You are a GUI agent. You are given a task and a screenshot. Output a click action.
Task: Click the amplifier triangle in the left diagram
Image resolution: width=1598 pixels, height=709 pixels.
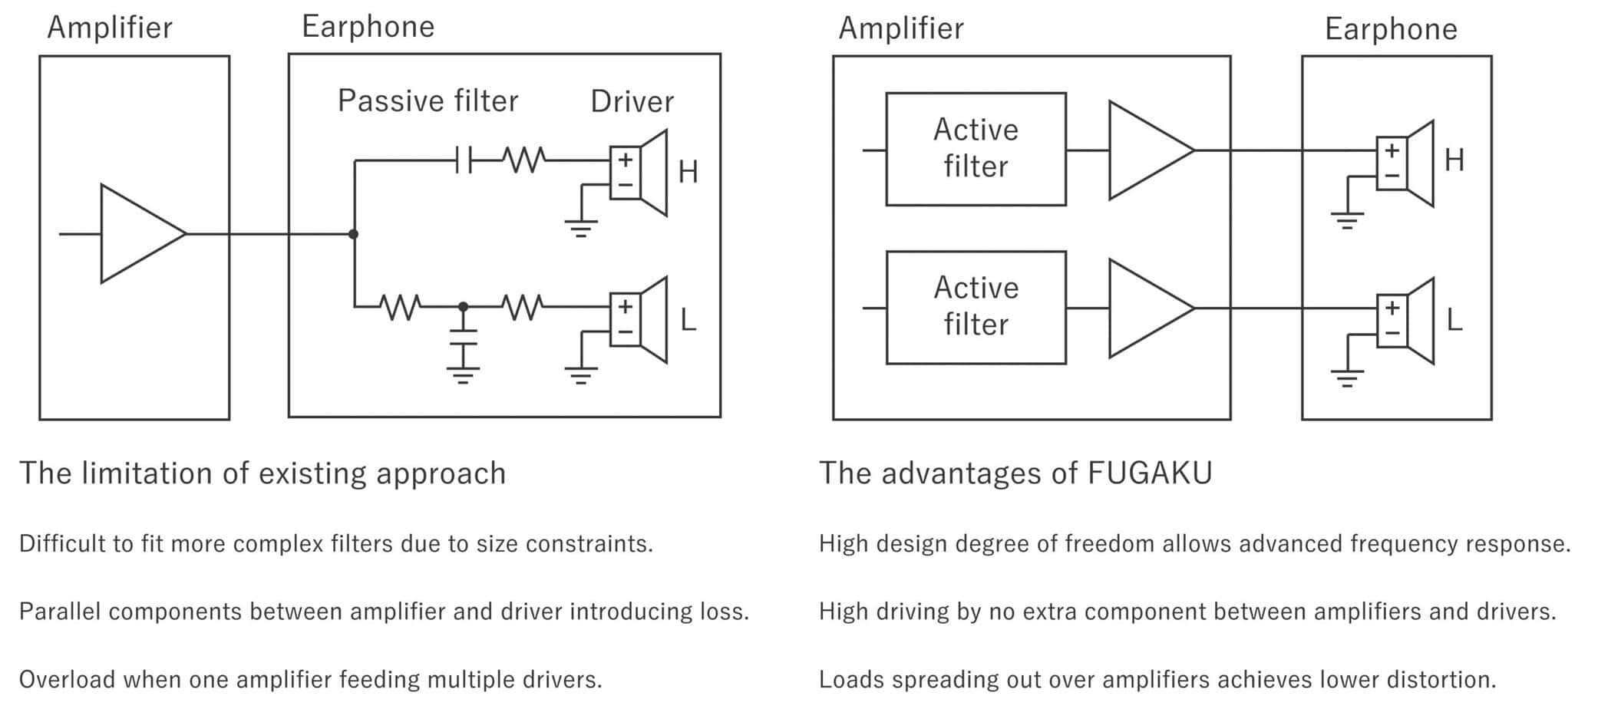(138, 233)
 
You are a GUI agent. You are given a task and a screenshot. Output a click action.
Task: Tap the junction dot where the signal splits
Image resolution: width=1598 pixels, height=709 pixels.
(353, 234)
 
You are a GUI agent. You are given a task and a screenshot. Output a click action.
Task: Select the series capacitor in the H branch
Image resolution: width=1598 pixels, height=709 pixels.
(463, 160)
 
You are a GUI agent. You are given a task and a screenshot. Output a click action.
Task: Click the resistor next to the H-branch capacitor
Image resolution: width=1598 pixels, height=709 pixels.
(523, 160)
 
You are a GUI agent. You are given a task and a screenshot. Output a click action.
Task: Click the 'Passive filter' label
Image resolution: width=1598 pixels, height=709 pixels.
(428, 101)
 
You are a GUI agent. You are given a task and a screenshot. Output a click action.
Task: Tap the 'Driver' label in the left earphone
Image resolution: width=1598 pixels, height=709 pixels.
(632, 101)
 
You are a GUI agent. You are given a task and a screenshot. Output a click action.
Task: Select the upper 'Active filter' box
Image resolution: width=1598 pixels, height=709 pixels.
(976, 149)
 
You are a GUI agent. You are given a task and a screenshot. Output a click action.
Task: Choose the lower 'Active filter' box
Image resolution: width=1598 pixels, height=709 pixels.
(976, 307)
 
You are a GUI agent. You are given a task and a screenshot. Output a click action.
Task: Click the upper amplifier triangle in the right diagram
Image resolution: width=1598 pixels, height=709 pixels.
(1147, 150)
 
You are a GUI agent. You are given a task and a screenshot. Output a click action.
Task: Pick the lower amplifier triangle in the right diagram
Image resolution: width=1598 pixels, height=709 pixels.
(1147, 308)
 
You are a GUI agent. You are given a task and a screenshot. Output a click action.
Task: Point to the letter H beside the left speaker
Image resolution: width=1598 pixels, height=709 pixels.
(688, 172)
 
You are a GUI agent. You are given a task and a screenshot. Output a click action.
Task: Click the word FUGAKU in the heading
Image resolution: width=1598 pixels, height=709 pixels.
(1150, 473)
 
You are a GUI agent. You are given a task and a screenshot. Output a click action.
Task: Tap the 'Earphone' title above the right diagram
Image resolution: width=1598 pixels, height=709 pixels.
(1390, 29)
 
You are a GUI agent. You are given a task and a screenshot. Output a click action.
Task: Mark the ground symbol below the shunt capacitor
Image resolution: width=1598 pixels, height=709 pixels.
(463, 375)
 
